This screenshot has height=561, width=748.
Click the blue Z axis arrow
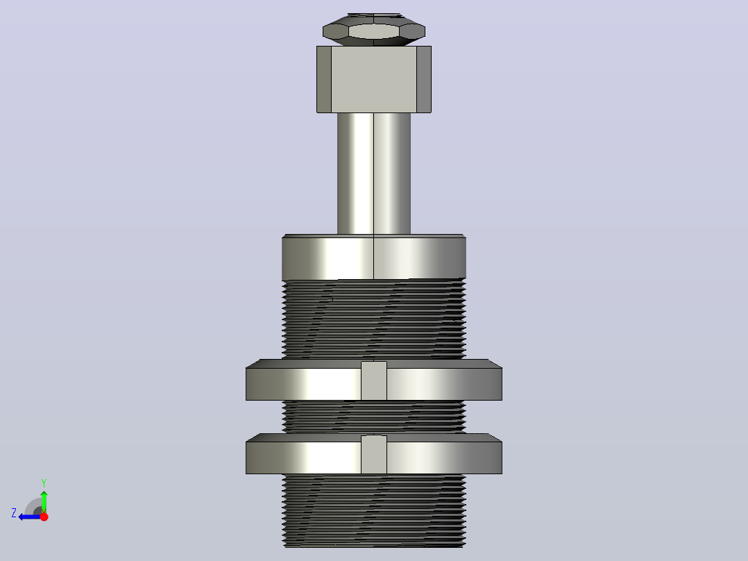tap(30, 517)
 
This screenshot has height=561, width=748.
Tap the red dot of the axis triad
tap(44, 517)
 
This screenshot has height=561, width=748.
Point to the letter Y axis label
tap(44, 483)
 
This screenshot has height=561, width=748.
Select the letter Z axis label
tap(14, 513)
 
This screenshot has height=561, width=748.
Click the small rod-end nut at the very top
tap(374, 30)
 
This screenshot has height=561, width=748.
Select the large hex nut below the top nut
tap(374, 80)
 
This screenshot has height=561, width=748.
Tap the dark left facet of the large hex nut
tap(324, 80)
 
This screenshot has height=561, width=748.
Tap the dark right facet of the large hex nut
tap(424, 80)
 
